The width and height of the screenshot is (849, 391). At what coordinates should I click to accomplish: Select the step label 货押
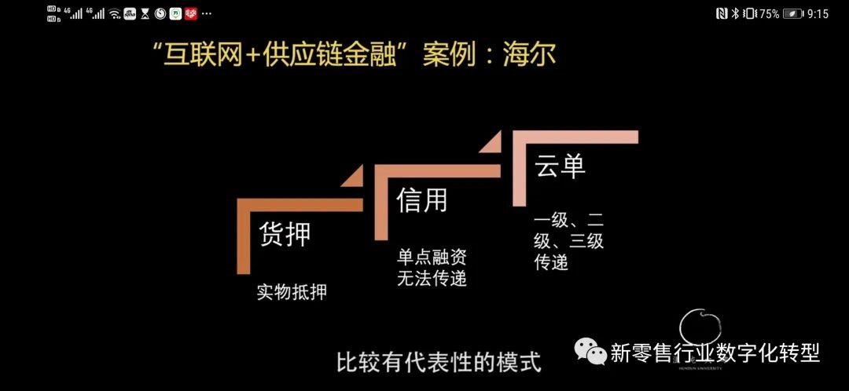285,234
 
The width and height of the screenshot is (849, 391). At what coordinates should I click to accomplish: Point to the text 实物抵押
292,292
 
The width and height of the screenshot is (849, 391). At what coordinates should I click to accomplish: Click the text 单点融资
432,257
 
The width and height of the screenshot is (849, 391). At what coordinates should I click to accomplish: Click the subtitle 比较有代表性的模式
439,363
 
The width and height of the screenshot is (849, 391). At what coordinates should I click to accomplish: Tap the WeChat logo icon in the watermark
590,352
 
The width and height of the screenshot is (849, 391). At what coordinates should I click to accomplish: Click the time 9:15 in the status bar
818,13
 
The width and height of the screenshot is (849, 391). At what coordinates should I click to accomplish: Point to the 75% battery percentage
769,13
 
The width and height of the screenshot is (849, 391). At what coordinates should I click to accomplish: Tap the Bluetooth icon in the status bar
736,13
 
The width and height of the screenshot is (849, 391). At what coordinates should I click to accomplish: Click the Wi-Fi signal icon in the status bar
115,13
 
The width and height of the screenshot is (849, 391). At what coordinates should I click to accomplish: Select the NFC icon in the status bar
721,13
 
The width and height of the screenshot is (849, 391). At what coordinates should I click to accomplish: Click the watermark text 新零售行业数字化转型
715,353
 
